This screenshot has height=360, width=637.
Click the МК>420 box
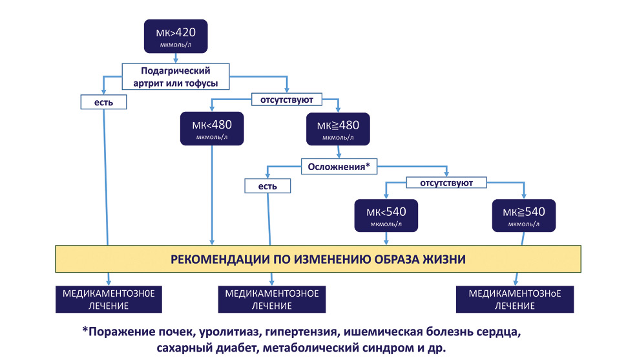(176, 36)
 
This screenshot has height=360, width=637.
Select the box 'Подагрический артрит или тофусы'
(176, 76)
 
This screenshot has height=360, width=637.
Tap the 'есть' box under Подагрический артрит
(103, 102)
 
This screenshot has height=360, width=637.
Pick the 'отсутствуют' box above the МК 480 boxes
(287, 100)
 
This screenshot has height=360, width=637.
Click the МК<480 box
(212, 129)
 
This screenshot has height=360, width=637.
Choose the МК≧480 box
(338, 129)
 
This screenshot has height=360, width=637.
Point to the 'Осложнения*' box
(339, 167)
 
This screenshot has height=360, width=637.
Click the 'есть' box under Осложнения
(267, 186)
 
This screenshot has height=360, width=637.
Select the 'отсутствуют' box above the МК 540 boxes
(446, 183)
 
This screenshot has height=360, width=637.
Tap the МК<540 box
(386, 215)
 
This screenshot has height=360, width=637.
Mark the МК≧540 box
(524, 215)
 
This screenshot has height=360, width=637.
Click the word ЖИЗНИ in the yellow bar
(444, 259)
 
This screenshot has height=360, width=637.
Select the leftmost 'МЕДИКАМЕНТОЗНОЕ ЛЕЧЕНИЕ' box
(109, 299)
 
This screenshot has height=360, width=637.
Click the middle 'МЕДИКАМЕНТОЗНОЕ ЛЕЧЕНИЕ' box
(272, 299)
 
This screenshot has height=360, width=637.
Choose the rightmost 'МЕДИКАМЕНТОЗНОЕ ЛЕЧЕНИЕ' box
(515, 299)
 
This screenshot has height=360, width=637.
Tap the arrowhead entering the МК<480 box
(212, 108)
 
